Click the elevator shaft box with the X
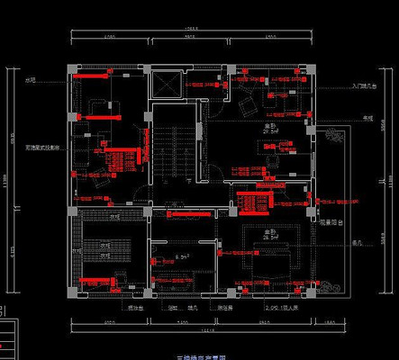(x=168, y=84)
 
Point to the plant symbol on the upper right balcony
(x=335, y=137)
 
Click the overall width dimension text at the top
(x=191, y=29)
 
